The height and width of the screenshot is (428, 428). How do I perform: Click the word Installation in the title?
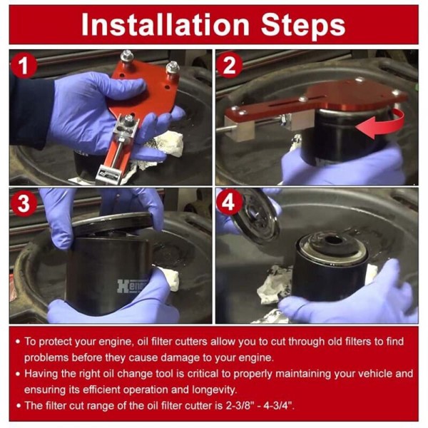[165, 24]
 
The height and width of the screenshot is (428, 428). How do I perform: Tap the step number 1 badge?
[24, 66]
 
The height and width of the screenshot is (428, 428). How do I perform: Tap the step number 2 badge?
[229, 65]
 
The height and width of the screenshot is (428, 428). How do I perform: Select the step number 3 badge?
[24, 203]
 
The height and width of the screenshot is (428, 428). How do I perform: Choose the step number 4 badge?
[229, 203]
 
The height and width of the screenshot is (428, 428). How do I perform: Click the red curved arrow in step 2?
[382, 123]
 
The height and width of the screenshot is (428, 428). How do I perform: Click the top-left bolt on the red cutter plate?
[127, 58]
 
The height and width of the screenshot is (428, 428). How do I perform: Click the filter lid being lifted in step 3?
[112, 220]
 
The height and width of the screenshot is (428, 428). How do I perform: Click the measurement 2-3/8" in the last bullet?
[242, 406]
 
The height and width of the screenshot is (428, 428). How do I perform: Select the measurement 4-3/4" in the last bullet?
[279, 406]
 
